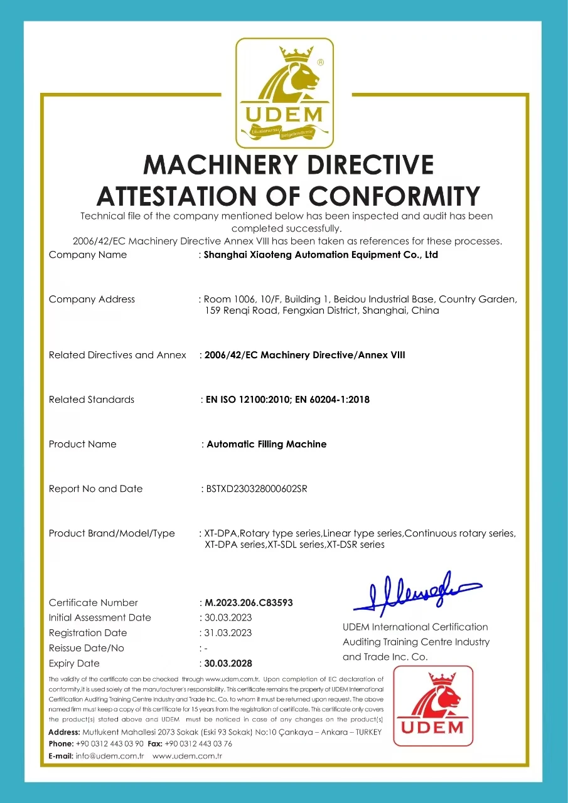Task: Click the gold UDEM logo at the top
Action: (284, 92)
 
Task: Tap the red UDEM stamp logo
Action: (433, 706)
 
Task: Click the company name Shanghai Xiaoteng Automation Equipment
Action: (321, 255)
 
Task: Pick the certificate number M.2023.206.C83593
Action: (249, 603)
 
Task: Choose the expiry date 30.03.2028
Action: (228, 663)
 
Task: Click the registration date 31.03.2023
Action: (228, 633)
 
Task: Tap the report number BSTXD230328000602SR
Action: (257, 489)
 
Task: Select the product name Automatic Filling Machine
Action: (266, 444)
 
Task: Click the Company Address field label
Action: (92, 299)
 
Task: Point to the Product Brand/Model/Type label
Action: (112, 533)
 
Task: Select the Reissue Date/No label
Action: (87, 648)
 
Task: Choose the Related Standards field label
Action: (92, 400)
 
